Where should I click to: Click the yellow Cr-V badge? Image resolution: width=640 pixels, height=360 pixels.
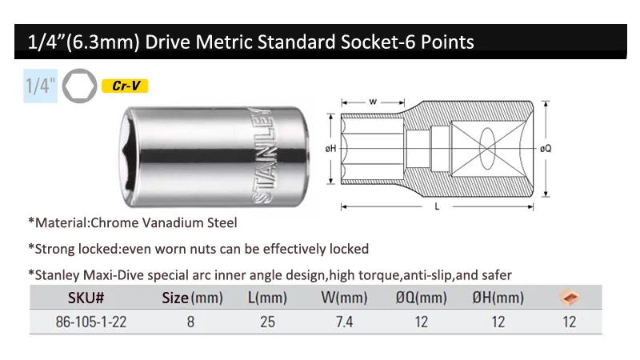pyautogui.click(x=125, y=86)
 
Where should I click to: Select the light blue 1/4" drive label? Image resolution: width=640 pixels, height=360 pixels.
pyautogui.click(x=41, y=86)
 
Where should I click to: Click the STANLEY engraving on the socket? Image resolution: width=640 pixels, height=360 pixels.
pyautogui.click(x=262, y=155)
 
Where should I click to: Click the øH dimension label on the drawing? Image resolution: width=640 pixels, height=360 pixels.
pyautogui.click(x=330, y=149)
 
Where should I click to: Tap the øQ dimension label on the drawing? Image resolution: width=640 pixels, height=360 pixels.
pyautogui.click(x=546, y=149)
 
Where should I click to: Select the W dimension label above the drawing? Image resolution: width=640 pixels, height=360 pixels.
pyautogui.click(x=373, y=102)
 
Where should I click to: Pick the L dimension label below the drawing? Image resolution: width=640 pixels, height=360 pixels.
pyautogui.click(x=437, y=206)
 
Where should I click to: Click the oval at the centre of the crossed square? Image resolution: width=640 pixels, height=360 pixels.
pyautogui.click(x=487, y=149)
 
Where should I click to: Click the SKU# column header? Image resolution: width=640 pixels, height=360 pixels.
pyautogui.click(x=86, y=298)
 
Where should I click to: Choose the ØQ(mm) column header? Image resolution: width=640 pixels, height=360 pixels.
pyautogui.click(x=422, y=298)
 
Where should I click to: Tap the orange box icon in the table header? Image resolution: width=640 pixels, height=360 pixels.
pyautogui.click(x=570, y=297)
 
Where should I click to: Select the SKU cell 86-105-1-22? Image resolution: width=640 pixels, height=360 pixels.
pyautogui.click(x=91, y=322)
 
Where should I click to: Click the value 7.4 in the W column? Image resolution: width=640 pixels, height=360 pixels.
pyautogui.click(x=344, y=322)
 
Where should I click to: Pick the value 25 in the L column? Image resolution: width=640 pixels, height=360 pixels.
pyautogui.click(x=267, y=322)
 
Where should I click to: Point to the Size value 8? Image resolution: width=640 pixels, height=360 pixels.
pyautogui.click(x=190, y=322)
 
